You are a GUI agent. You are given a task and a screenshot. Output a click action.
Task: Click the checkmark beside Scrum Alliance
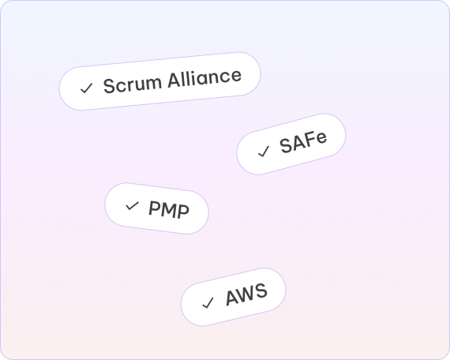point(86,88)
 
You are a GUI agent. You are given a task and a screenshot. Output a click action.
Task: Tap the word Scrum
point(133,84)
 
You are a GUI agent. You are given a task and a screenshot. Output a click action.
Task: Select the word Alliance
point(204,78)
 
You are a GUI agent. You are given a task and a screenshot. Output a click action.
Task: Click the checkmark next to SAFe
point(264,152)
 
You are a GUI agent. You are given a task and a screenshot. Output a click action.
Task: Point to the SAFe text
point(303,142)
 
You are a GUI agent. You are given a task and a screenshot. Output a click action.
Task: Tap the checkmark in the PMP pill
point(133,205)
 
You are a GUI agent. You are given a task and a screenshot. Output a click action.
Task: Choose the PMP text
point(169,209)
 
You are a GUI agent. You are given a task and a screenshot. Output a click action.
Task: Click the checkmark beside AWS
point(208,303)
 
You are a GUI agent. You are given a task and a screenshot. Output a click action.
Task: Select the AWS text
point(246,294)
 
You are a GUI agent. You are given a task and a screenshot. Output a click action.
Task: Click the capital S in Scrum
point(110,86)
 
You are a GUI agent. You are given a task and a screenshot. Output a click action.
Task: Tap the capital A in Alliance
point(174,80)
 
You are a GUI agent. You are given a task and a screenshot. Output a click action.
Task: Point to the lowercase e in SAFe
point(321,138)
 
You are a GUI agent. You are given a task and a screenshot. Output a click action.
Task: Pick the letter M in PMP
point(169,209)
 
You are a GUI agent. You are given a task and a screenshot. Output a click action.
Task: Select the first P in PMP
point(154,208)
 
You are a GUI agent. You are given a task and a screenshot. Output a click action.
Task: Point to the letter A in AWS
point(231,298)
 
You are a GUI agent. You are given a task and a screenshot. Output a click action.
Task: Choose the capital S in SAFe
point(286,146)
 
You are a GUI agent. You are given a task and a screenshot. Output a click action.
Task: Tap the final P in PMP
point(184,212)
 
